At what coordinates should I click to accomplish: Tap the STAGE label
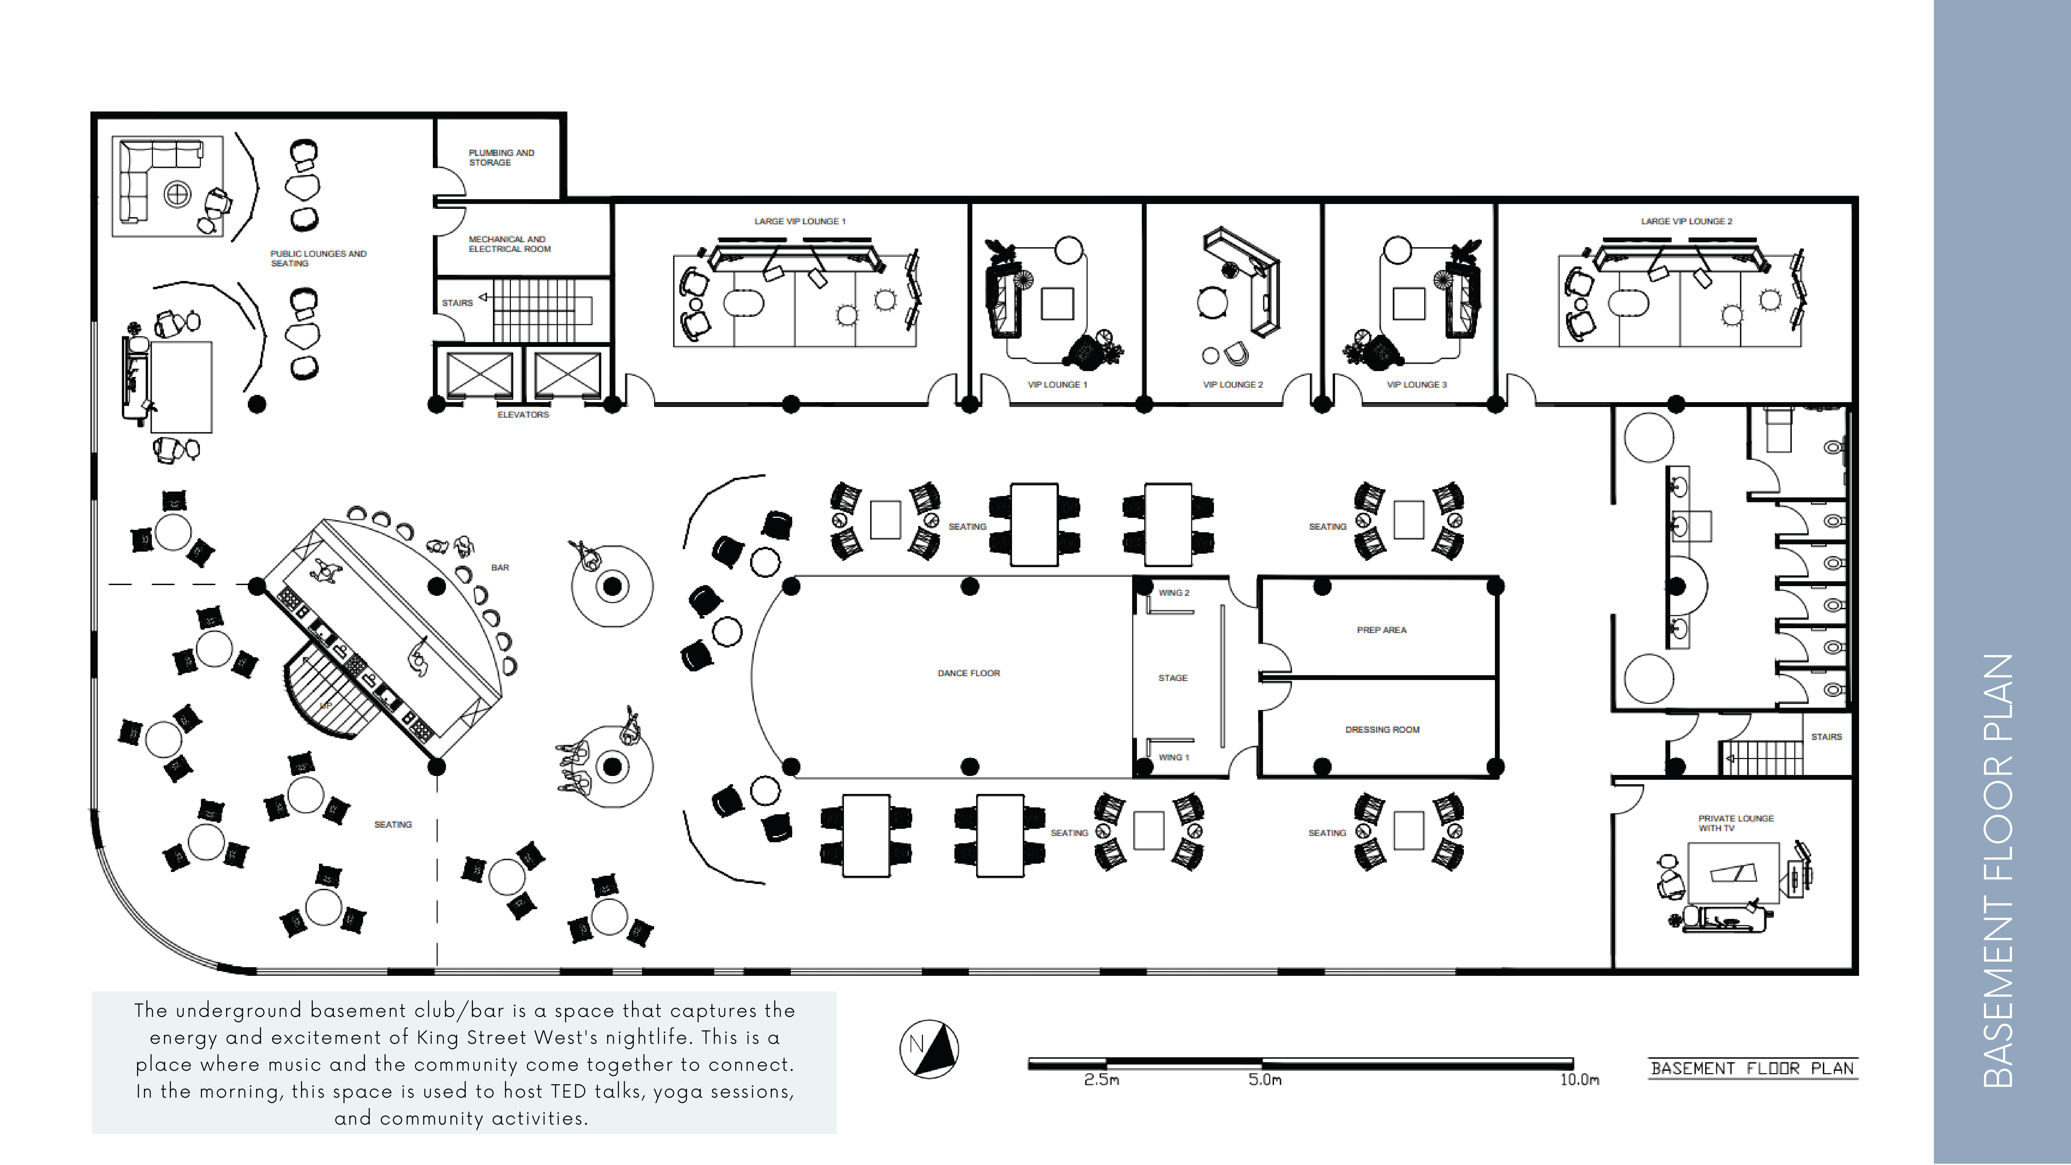(x=1172, y=678)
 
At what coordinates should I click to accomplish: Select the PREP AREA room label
(x=1381, y=630)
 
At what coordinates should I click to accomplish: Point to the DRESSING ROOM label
(x=1382, y=729)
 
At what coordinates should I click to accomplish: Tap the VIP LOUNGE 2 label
(x=1233, y=384)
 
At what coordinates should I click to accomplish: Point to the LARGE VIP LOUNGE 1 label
(x=799, y=221)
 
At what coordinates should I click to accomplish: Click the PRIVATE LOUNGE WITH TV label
(x=1735, y=823)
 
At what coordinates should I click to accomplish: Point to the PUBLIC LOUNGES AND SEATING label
(x=318, y=258)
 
